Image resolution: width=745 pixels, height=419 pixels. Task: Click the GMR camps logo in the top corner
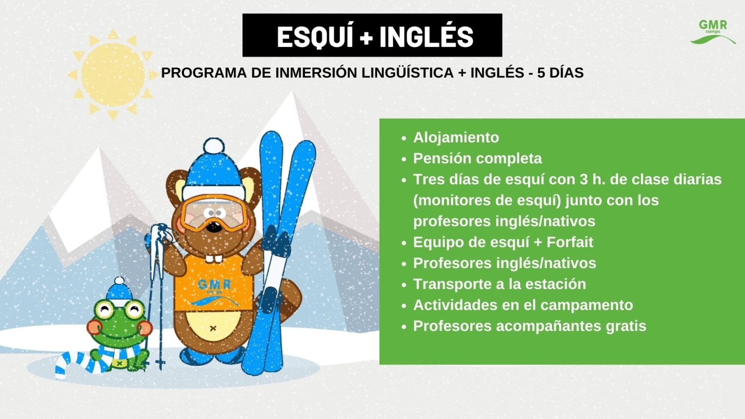point(713,32)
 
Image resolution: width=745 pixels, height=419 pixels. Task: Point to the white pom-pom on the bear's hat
point(214,146)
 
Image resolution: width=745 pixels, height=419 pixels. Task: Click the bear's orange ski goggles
point(214,213)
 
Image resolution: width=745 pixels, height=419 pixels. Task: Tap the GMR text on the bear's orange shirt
point(214,284)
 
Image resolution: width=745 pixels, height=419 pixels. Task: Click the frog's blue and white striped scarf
point(96,359)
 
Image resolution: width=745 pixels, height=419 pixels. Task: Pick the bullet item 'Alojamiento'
point(456,137)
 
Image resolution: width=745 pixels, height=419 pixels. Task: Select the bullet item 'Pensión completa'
point(477,158)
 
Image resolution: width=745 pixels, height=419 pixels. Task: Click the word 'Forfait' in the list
point(570,242)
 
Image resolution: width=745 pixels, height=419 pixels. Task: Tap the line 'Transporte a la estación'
point(500,284)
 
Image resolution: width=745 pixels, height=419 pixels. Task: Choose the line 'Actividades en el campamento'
point(523,305)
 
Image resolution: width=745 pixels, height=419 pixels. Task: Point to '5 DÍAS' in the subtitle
point(561,73)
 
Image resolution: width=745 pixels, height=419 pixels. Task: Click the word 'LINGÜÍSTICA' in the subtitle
point(407,73)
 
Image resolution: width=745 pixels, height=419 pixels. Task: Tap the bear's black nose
point(214,227)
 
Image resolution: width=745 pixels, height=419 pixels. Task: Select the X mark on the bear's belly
point(213,329)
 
